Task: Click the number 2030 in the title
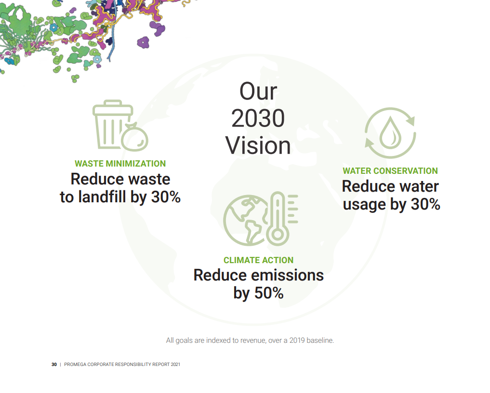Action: (258, 118)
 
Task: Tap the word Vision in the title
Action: (258, 146)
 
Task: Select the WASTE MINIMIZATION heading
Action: (120, 164)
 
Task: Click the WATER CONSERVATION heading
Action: (390, 170)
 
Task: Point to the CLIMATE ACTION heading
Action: (258, 260)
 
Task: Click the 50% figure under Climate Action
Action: (269, 293)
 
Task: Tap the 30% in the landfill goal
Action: (166, 197)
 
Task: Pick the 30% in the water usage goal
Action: (425, 204)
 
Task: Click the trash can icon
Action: (111, 124)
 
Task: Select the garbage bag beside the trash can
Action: (135, 138)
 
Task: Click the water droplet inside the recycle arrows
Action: (390, 133)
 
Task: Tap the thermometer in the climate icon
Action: (278, 219)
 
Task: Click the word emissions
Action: (288, 275)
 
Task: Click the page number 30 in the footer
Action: (54, 365)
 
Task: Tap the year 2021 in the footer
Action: (175, 365)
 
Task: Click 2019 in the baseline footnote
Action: (297, 340)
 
